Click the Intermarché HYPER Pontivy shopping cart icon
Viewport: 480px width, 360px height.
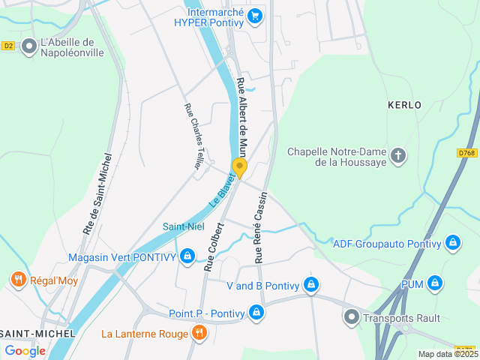point(255,15)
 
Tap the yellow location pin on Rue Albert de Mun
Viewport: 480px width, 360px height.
point(239,167)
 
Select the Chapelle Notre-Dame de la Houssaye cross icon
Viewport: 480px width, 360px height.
point(398,156)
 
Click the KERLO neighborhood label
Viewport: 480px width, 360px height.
point(404,105)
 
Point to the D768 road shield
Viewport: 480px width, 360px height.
point(466,153)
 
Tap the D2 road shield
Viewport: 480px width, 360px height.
point(8,46)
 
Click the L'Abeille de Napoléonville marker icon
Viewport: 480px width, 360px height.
point(29,46)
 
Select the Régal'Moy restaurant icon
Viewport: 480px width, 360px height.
point(19,280)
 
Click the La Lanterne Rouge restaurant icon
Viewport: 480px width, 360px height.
point(199,332)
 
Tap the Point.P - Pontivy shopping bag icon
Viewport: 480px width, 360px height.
point(256,311)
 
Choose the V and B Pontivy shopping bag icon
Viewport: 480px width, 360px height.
point(311,285)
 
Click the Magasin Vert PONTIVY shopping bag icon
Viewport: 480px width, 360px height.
point(187,257)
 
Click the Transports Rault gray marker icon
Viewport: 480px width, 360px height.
point(351,316)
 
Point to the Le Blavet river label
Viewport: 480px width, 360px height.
point(222,191)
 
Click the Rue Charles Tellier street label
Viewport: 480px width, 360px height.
point(193,135)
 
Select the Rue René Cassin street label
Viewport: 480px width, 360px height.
point(260,225)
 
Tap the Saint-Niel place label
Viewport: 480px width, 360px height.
point(183,226)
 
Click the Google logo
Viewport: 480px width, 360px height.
point(25,350)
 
